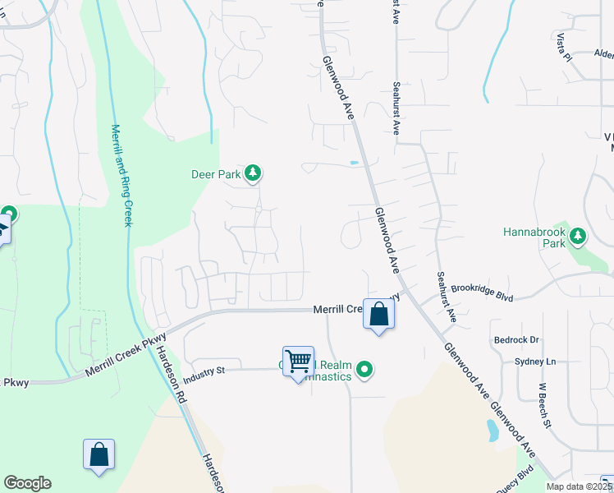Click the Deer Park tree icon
click(254, 173)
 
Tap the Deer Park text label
click(217, 174)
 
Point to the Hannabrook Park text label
click(534, 237)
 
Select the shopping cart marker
click(298, 362)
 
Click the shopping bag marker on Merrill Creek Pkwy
click(378, 315)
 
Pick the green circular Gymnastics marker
click(365, 371)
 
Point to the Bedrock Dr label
click(516, 339)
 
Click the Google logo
click(27, 483)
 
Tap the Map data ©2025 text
click(579, 486)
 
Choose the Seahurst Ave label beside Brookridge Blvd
click(446, 297)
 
